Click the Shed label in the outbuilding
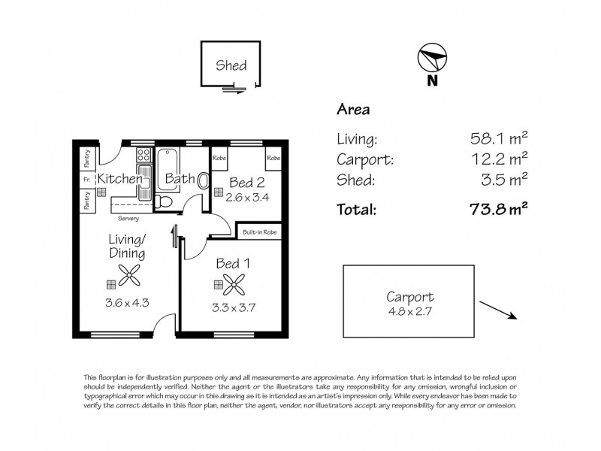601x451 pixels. click(231, 65)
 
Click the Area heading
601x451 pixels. click(352, 110)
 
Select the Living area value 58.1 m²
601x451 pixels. click(498, 138)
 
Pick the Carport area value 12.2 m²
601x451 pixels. click(498, 159)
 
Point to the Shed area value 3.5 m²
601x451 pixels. click(504, 180)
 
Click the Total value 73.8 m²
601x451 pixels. click(496, 210)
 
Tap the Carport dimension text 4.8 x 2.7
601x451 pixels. click(409, 310)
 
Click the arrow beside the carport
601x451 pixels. click(497, 310)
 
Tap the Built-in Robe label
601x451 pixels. click(259, 233)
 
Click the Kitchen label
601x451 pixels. click(119, 179)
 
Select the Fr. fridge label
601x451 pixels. click(87, 179)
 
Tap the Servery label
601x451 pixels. click(128, 218)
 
